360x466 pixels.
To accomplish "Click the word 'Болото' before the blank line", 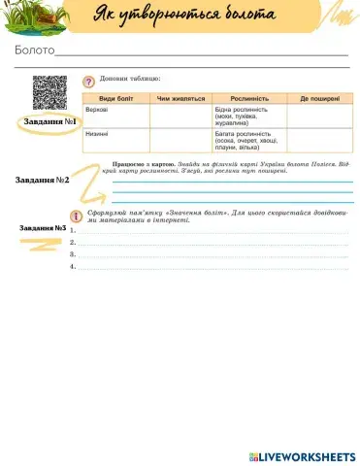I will point(34,50).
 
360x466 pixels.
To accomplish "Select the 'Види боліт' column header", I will point(116,98).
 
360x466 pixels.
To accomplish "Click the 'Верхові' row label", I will point(97,109).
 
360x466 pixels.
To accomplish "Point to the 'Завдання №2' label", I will point(49,181).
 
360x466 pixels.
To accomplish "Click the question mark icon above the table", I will point(89,81).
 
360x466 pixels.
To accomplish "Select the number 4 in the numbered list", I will point(74,266).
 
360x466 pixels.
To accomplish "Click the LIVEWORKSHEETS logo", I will point(303,455).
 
